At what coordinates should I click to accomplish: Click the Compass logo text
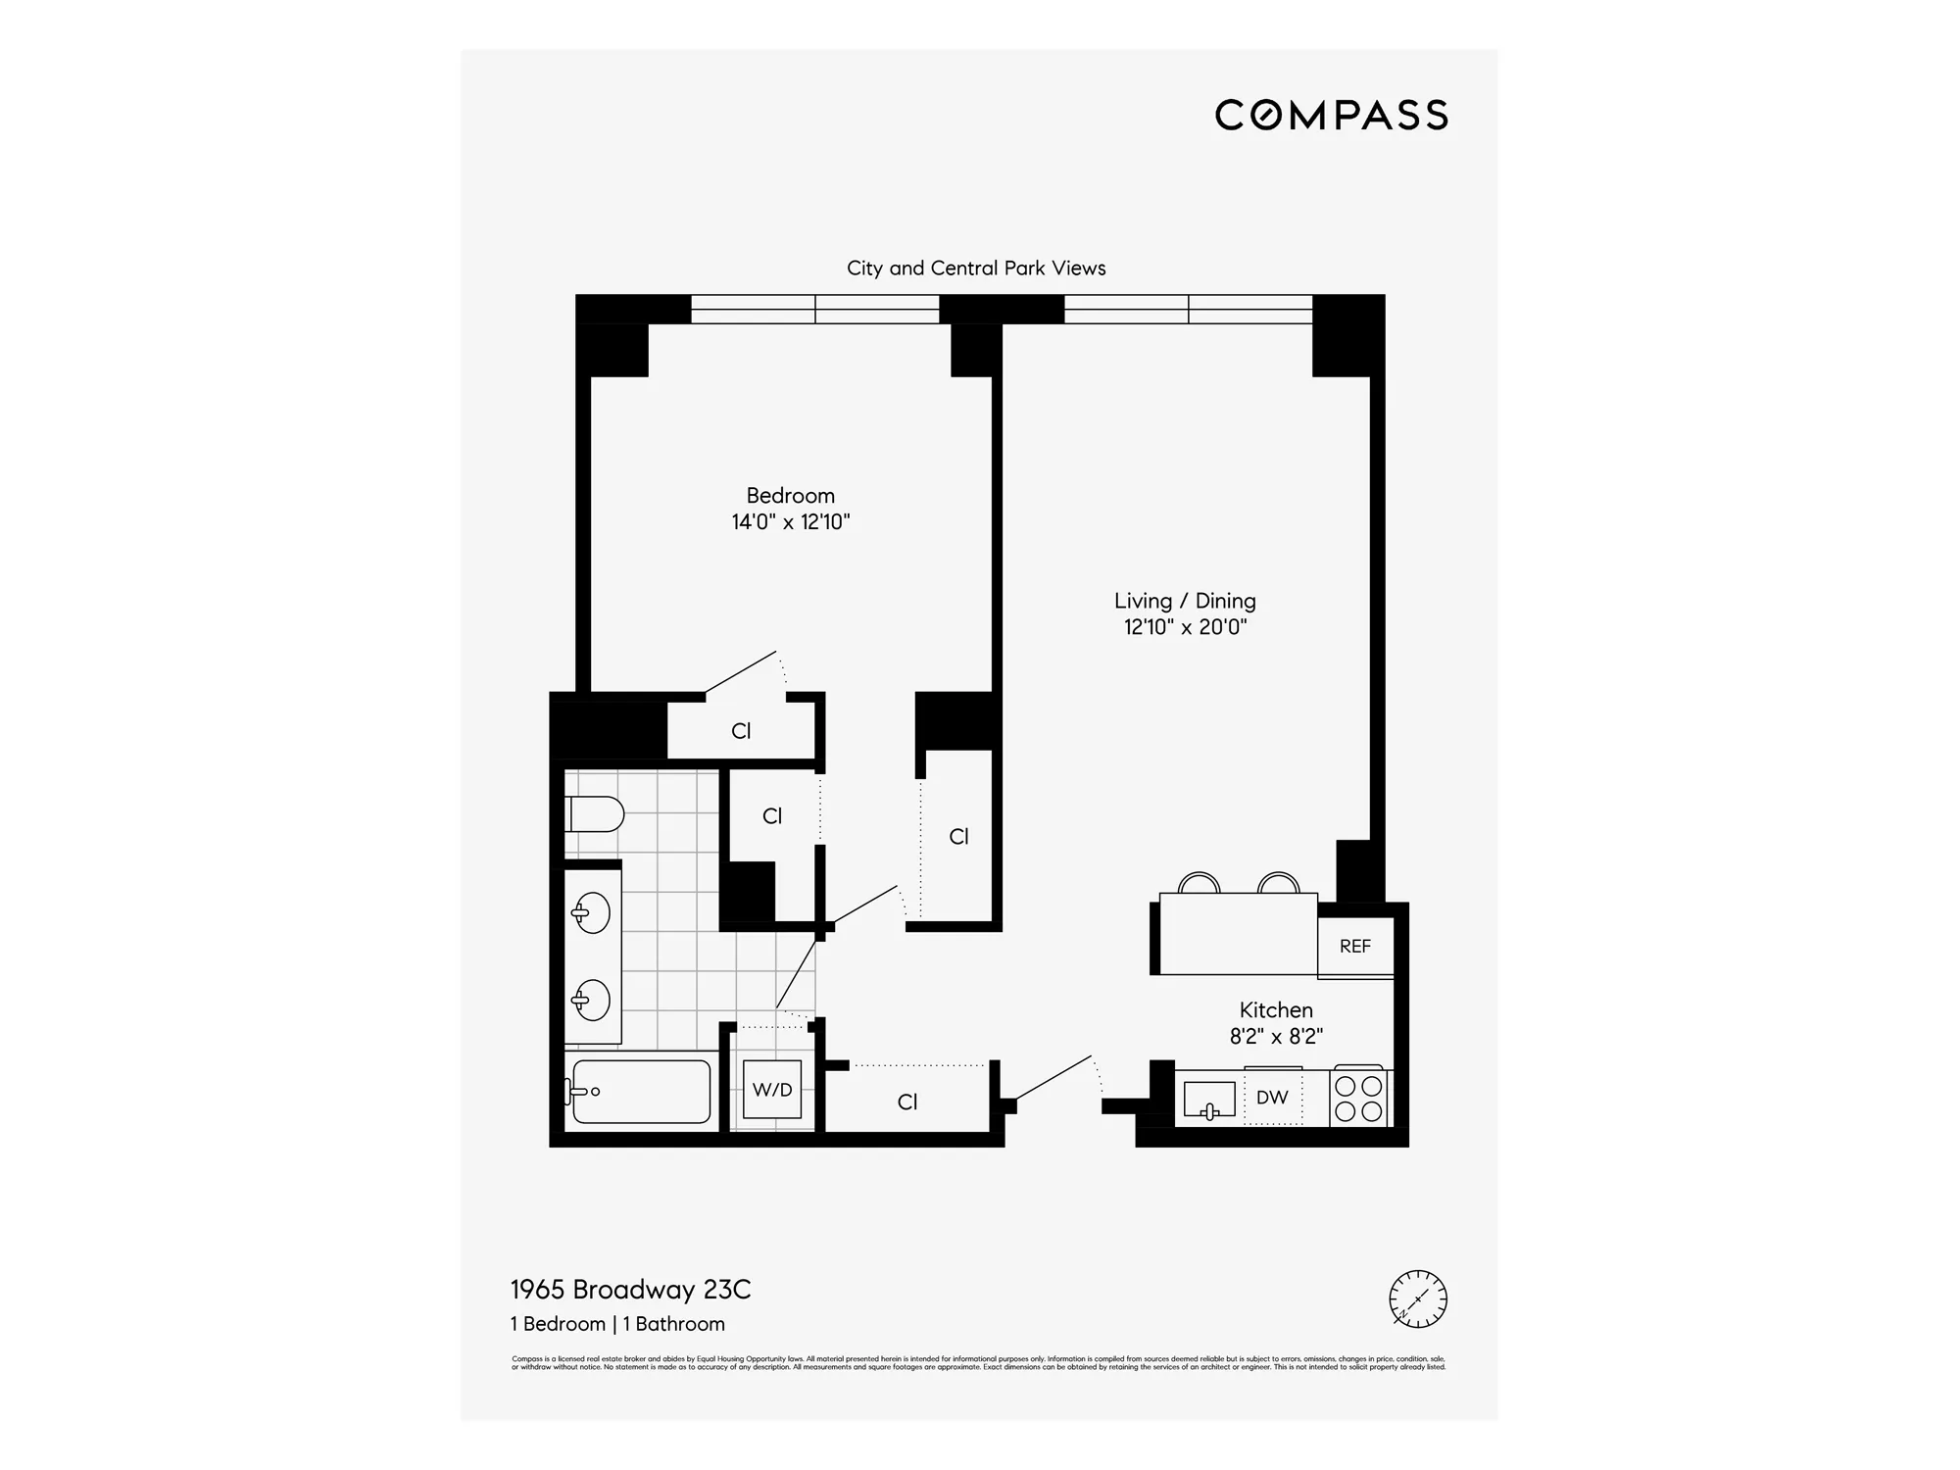tap(1331, 116)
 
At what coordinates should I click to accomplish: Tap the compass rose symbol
tap(1417, 1299)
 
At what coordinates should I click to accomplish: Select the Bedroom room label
tap(790, 496)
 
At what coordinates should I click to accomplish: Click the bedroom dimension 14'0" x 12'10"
tap(790, 522)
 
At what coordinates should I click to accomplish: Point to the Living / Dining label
tap(1184, 601)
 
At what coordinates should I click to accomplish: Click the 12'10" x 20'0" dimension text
tap(1184, 627)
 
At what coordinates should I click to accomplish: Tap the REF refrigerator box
tap(1354, 947)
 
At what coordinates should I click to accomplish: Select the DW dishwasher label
tap(1272, 1098)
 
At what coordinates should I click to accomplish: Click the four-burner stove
tap(1358, 1098)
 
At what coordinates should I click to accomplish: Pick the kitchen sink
tap(1208, 1100)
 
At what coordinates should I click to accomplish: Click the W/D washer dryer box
tap(772, 1090)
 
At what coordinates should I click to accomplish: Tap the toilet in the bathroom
tap(596, 814)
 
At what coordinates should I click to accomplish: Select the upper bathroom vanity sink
tap(592, 913)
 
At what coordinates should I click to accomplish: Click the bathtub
tap(641, 1091)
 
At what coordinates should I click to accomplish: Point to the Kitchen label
tap(1275, 1010)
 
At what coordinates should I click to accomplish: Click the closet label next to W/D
tap(907, 1102)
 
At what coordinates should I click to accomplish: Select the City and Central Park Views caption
tap(976, 269)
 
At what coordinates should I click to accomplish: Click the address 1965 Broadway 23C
tap(630, 1290)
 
